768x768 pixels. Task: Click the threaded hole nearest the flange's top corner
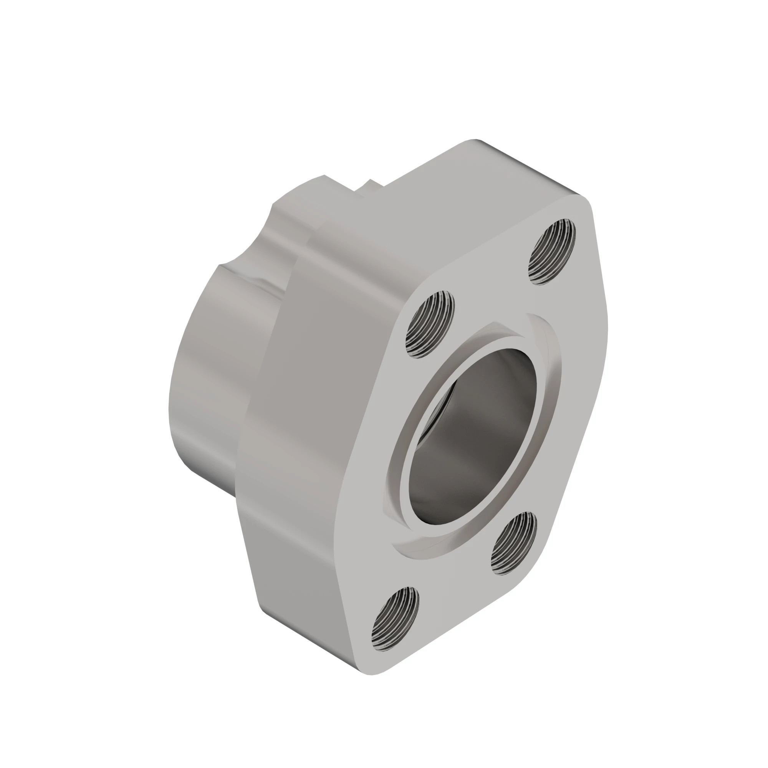552,251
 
